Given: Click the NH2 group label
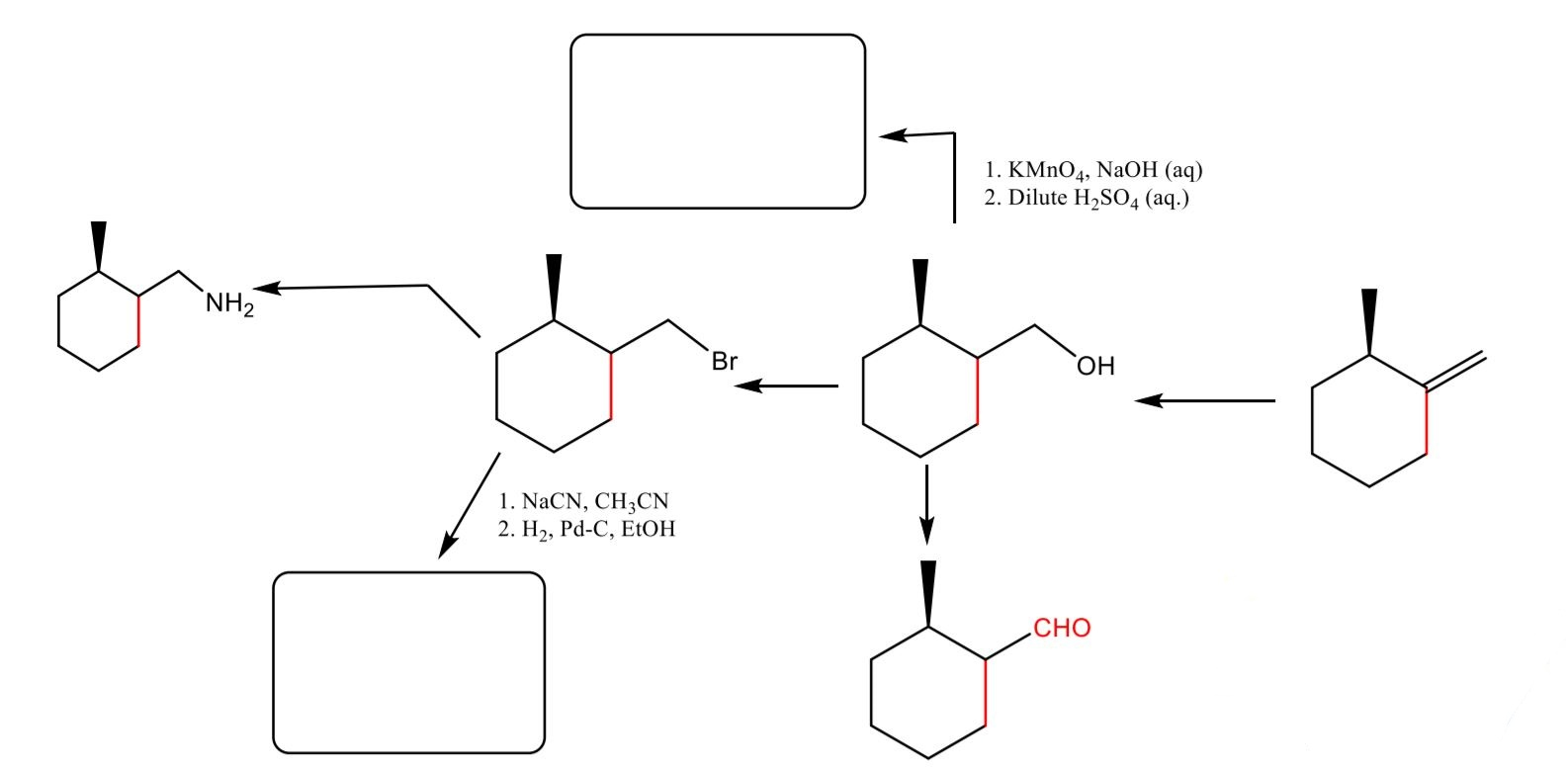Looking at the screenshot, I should point(229,304).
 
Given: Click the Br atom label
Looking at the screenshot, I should point(725,362).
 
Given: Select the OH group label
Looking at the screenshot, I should point(1095,367).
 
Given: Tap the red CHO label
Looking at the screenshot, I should point(1062,629).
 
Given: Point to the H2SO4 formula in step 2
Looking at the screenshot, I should point(1105,199).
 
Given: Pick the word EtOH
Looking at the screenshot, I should point(649,529).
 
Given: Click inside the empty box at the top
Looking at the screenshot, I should point(718,122).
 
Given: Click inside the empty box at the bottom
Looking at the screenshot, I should point(408,662).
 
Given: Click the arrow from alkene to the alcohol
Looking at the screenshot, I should point(1204,400).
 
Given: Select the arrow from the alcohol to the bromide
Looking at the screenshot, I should point(786,385).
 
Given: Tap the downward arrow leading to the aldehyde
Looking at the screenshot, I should point(925,504).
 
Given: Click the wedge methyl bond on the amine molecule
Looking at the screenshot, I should point(98,245).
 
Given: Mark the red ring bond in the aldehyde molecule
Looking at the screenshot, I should point(986,694).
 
